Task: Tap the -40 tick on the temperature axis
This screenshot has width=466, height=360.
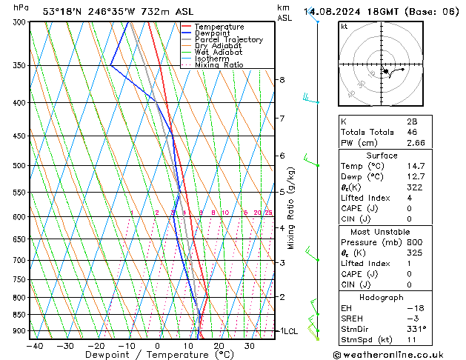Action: coord(35,346)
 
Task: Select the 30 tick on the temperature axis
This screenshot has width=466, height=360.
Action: coord(250,346)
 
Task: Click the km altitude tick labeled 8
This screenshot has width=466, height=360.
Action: coord(282,79)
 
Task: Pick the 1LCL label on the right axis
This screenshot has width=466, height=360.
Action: coord(287,331)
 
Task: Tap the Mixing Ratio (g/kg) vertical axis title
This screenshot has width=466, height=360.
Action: coord(291,208)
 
